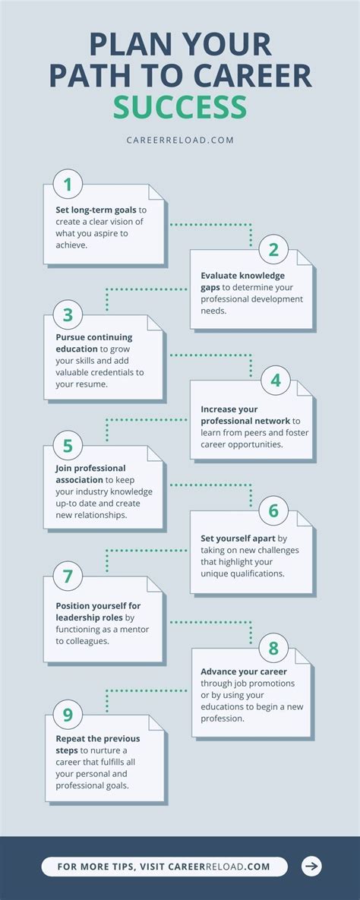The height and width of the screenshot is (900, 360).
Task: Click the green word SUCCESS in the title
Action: (180, 107)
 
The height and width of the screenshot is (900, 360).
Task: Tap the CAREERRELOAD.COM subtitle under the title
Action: (180, 140)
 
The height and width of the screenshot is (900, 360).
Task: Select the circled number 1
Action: (68, 185)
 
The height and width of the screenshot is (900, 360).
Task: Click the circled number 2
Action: (273, 249)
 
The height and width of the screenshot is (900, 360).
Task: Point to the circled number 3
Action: (68, 315)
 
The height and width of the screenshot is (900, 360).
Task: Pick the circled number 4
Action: (276, 380)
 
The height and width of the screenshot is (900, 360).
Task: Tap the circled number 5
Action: (68, 446)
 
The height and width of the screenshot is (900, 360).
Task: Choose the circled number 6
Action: (273, 511)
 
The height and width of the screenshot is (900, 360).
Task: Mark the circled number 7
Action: (68, 576)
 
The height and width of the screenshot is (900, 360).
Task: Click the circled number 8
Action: (273, 649)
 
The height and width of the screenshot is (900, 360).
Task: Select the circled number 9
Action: (68, 715)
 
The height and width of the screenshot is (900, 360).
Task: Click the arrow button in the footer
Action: (311, 866)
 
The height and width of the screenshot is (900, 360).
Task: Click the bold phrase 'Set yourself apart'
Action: (238, 538)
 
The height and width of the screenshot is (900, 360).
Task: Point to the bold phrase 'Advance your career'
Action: (244, 671)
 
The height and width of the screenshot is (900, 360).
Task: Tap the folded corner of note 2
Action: (305, 257)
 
